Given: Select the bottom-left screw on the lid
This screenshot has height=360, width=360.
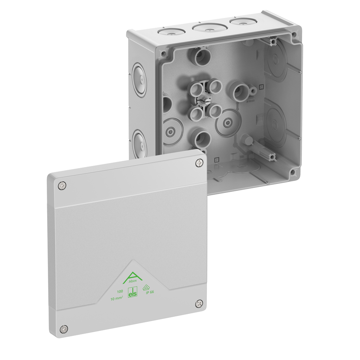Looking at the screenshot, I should tap(64, 328).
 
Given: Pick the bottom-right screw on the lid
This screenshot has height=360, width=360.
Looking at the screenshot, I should tap(199, 304).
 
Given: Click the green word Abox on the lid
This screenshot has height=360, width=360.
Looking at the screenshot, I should tap(132, 285).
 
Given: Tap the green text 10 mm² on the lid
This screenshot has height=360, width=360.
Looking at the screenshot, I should tap(118, 299).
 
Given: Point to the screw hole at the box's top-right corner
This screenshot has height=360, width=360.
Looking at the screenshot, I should tap(294, 35).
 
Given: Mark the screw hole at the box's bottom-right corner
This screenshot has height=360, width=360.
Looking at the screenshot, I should tap(293, 172).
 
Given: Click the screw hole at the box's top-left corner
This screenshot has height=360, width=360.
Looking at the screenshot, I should tap(164, 54).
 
